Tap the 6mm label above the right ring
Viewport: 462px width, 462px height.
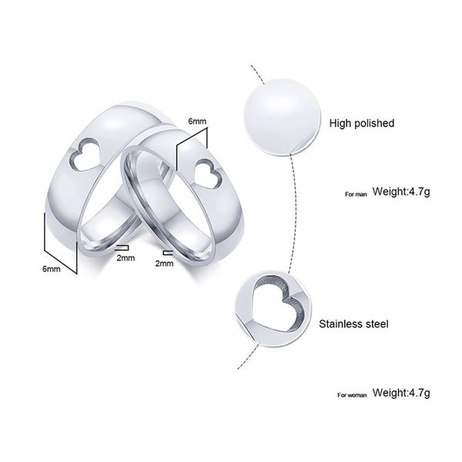[x=198, y=121]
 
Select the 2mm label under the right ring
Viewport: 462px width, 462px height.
[x=164, y=263]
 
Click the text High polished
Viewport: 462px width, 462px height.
[x=361, y=123]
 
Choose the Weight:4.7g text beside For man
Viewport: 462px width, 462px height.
[x=401, y=192]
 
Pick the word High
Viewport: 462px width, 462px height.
[x=340, y=123]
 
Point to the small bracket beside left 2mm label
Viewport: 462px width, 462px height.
[x=120, y=248]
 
